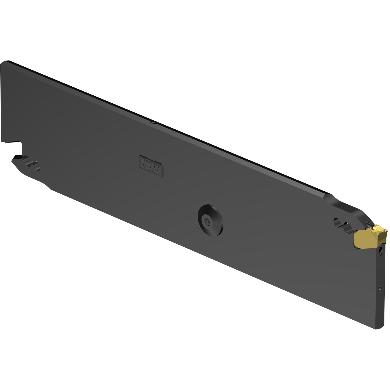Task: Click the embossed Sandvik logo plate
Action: pos(151,166)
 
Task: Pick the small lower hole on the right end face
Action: pos(380,287)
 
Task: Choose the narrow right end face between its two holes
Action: pos(381,268)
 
